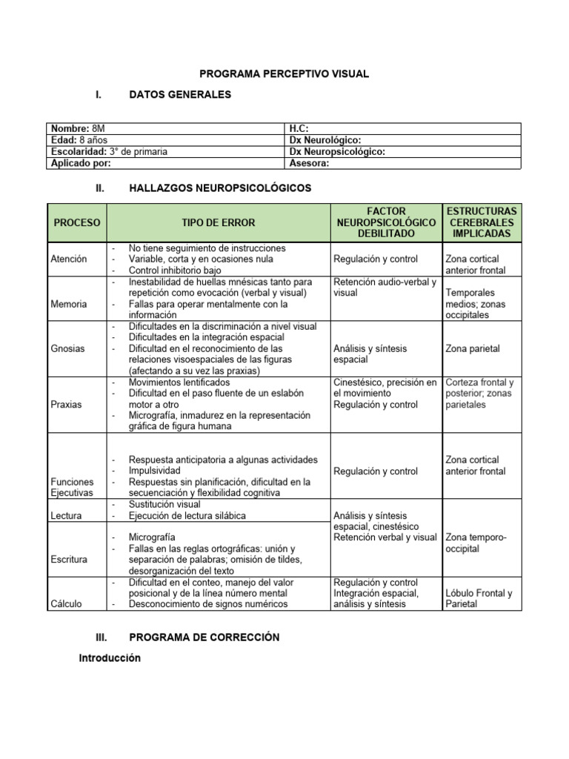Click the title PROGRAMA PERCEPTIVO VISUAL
click(284, 74)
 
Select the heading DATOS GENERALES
click(180, 94)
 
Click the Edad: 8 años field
click(73, 140)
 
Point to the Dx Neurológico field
click(325, 140)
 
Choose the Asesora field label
click(310, 163)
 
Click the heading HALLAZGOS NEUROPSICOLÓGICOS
click(220, 189)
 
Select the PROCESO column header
click(77, 222)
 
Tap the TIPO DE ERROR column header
click(218, 222)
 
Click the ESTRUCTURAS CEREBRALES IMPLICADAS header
click(482, 222)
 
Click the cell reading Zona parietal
click(473, 348)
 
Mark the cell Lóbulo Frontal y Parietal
click(479, 598)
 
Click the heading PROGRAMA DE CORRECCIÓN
click(204, 637)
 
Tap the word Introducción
click(110, 658)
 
